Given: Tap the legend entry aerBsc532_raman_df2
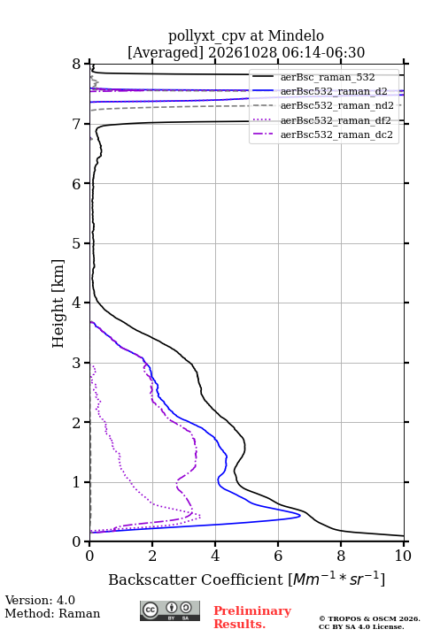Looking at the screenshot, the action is (321, 120).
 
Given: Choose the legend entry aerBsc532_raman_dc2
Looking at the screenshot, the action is (322, 134).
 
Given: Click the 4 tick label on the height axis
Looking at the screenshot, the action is (77, 303).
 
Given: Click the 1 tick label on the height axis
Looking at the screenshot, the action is (77, 482).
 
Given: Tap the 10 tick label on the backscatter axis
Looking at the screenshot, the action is (403, 556).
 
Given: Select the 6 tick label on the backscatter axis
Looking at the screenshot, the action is (278, 556).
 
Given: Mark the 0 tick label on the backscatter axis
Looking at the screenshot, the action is (90, 556).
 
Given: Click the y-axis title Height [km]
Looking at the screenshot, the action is (58, 303).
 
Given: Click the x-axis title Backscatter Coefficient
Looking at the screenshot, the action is (195, 579).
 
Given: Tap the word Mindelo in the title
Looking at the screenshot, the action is (296, 35).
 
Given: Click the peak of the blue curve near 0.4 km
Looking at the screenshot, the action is (300, 516).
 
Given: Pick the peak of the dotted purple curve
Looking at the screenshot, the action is (200, 517).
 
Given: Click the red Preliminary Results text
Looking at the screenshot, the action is (252, 618).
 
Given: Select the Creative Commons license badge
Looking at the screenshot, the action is (170, 611).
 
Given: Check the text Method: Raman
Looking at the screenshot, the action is (52, 613).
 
